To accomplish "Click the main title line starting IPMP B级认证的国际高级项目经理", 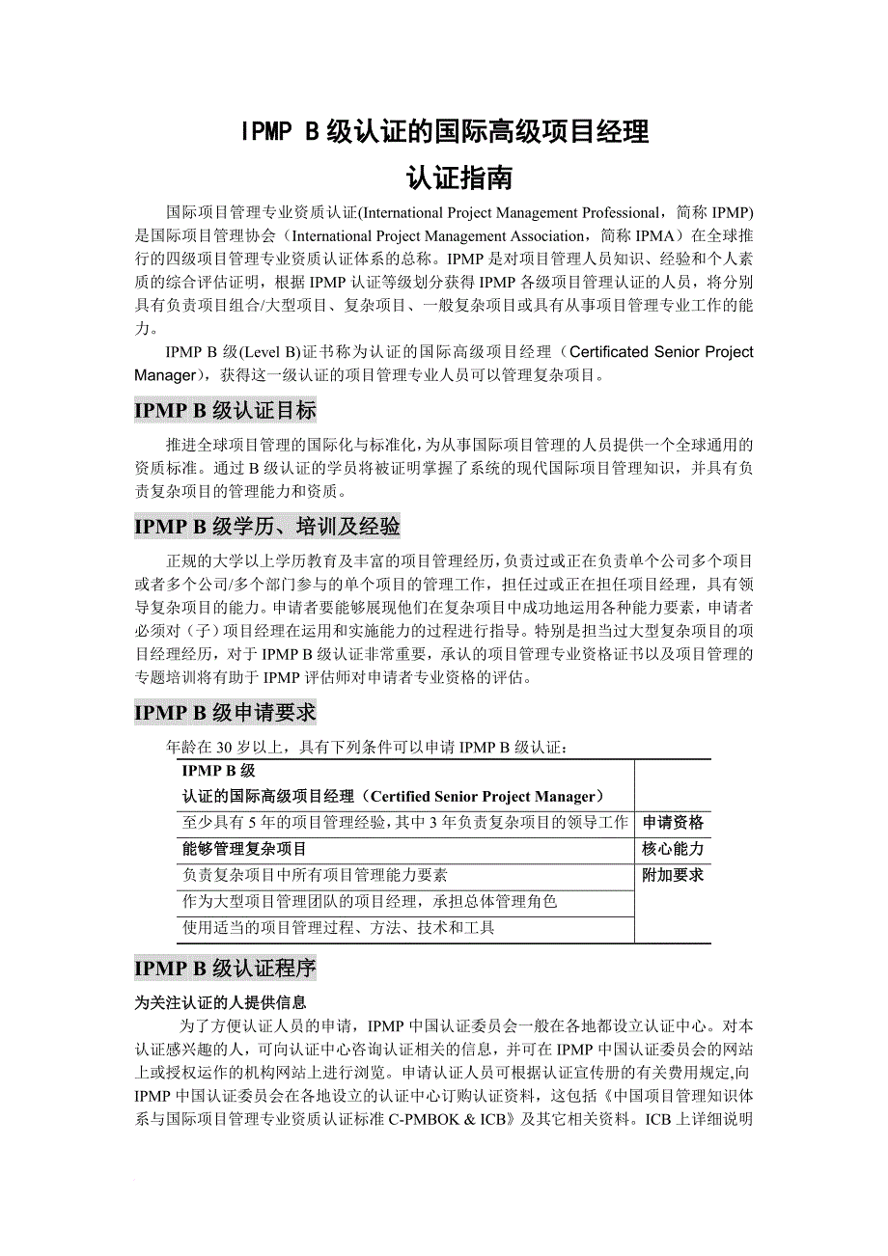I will click(x=444, y=132).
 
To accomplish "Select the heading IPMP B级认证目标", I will click(x=225, y=410).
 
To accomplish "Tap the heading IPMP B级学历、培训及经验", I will click(x=266, y=526).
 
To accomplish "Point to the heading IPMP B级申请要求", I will click(x=225, y=713).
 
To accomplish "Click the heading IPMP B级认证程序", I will click(x=225, y=968).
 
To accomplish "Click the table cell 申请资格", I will click(x=673, y=823).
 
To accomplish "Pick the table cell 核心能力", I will click(x=673, y=849).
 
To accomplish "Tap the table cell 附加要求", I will click(x=673, y=875).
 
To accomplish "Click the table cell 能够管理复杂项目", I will click(x=244, y=849).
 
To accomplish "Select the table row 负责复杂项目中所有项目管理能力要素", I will click(x=315, y=875).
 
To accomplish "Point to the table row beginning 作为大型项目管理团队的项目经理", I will click(x=370, y=901).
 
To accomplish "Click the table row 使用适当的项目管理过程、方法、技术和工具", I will click(x=338, y=928).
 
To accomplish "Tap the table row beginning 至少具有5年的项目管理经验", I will click(x=404, y=823).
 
